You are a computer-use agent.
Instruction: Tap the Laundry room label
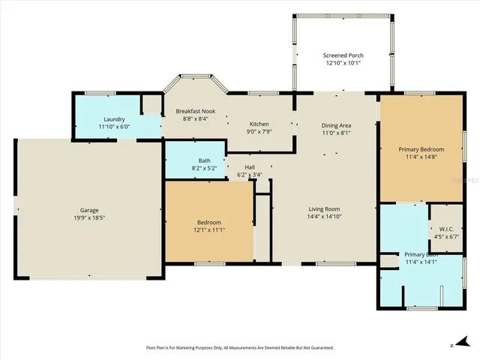click(115, 119)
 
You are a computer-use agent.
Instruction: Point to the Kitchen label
click(259, 124)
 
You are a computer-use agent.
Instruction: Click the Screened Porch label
click(343, 55)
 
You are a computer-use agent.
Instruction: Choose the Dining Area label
click(336, 125)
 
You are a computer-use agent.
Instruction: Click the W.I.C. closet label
click(446, 229)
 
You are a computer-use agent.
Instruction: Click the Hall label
click(249, 167)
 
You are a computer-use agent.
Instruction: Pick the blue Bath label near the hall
click(204, 160)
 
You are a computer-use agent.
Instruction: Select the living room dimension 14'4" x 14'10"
click(324, 217)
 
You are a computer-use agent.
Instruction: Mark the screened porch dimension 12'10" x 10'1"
click(343, 63)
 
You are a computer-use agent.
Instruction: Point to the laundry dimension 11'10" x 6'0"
click(115, 127)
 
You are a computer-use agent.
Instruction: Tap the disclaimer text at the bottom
click(239, 348)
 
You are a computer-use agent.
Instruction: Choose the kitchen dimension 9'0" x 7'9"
click(259, 132)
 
